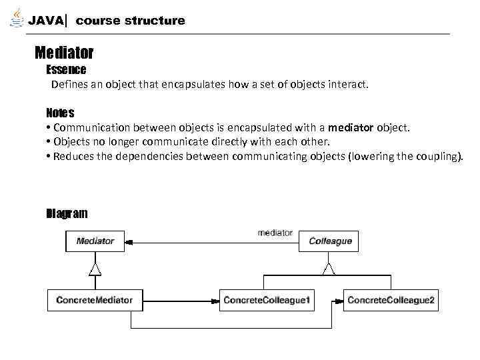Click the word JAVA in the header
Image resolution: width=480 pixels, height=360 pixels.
[x=46, y=21]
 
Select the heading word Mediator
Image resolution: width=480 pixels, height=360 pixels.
[x=64, y=52]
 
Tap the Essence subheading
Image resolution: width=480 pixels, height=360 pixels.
[x=66, y=69]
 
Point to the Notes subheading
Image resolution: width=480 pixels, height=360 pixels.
[x=60, y=112]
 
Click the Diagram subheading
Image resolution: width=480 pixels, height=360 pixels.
[x=67, y=213]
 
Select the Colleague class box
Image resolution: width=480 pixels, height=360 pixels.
[x=330, y=241]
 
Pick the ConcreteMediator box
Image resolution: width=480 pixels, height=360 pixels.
[x=94, y=300]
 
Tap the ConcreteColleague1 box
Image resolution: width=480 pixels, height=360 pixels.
[x=267, y=300]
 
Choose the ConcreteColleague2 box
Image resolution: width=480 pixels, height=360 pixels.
[x=391, y=300]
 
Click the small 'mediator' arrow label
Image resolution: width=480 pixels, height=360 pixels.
[x=275, y=233]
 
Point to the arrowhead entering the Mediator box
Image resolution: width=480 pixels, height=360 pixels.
[x=129, y=241]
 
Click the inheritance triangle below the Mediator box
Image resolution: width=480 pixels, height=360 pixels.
[x=95, y=268]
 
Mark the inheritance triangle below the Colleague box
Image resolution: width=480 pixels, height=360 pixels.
[x=328, y=268]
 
